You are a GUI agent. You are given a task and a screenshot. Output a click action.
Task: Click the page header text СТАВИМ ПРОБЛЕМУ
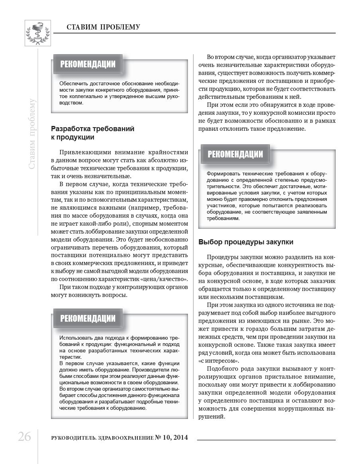tap(103, 27)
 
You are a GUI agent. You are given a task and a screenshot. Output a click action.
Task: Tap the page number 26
tap(24, 437)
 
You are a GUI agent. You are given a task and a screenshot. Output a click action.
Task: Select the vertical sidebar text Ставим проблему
tap(32, 134)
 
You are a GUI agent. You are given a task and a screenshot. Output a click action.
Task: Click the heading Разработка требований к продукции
tap(93, 133)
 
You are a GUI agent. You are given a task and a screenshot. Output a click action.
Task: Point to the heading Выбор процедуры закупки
tap(246, 242)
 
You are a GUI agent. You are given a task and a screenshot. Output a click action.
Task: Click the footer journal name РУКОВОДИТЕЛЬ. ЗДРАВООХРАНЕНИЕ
tap(102, 438)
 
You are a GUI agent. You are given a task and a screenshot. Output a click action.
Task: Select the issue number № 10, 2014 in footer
tap(171, 438)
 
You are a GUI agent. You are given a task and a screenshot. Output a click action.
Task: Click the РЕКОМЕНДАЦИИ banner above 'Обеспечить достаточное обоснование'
tap(88, 64)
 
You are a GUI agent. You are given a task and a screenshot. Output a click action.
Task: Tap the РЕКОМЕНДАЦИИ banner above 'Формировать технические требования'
tap(235, 154)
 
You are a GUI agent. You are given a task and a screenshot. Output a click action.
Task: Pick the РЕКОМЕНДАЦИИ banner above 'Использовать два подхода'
tap(88, 318)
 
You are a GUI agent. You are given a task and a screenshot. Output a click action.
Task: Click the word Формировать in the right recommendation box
tap(223, 174)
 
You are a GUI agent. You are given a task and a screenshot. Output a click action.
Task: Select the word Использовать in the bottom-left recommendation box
tap(75, 338)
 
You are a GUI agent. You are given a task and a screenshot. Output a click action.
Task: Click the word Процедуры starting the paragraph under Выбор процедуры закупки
tap(221, 258)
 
